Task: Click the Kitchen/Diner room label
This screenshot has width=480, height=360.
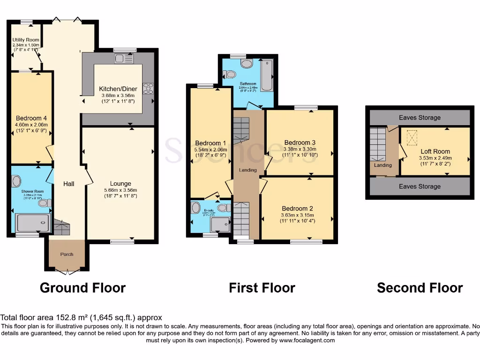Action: [118, 89]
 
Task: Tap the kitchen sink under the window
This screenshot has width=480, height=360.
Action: [124, 59]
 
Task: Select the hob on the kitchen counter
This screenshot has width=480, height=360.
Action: [148, 88]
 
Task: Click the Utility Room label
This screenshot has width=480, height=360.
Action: [25, 40]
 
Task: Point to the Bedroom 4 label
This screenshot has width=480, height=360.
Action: [31, 118]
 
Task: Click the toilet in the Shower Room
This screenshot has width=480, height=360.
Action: [45, 203]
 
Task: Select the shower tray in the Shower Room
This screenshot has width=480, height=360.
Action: [32, 223]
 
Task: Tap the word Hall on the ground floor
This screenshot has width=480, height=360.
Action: [69, 184]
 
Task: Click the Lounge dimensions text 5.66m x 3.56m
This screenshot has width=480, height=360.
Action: [120, 190]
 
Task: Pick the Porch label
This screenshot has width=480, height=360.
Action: [67, 255]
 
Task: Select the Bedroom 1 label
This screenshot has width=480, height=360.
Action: [210, 143]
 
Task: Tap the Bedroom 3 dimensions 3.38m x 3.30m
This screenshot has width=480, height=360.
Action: [300, 149]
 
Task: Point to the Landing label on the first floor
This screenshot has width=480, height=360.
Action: [247, 170]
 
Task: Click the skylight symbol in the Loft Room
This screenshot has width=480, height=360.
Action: [412, 138]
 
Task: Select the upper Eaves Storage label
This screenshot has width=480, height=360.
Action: [420, 118]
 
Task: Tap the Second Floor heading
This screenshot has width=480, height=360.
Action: [420, 287]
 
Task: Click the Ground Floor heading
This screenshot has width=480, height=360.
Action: [82, 287]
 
